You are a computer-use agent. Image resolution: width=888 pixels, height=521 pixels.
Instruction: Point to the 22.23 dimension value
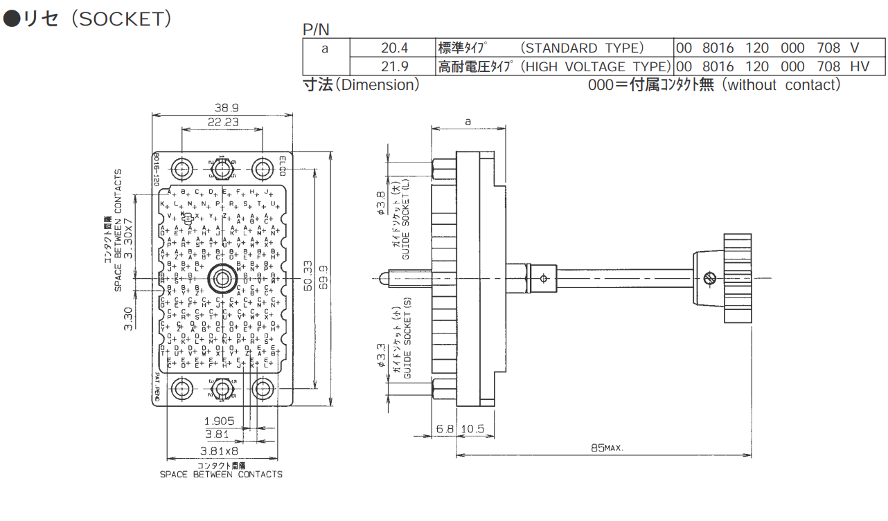(x=223, y=121)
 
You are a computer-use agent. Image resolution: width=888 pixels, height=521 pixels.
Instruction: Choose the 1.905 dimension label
(x=219, y=420)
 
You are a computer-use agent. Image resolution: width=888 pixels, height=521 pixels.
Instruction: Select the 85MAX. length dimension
(x=607, y=448)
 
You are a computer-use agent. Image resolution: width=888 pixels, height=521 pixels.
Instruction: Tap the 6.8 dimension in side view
(x=445, y=429)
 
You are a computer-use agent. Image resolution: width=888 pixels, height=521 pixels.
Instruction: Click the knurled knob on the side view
(x=737, y=278)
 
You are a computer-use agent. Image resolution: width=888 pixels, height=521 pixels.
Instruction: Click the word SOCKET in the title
(x=120, y=19)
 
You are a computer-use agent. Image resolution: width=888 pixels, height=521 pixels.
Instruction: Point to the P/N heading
(x=317, y=29)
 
